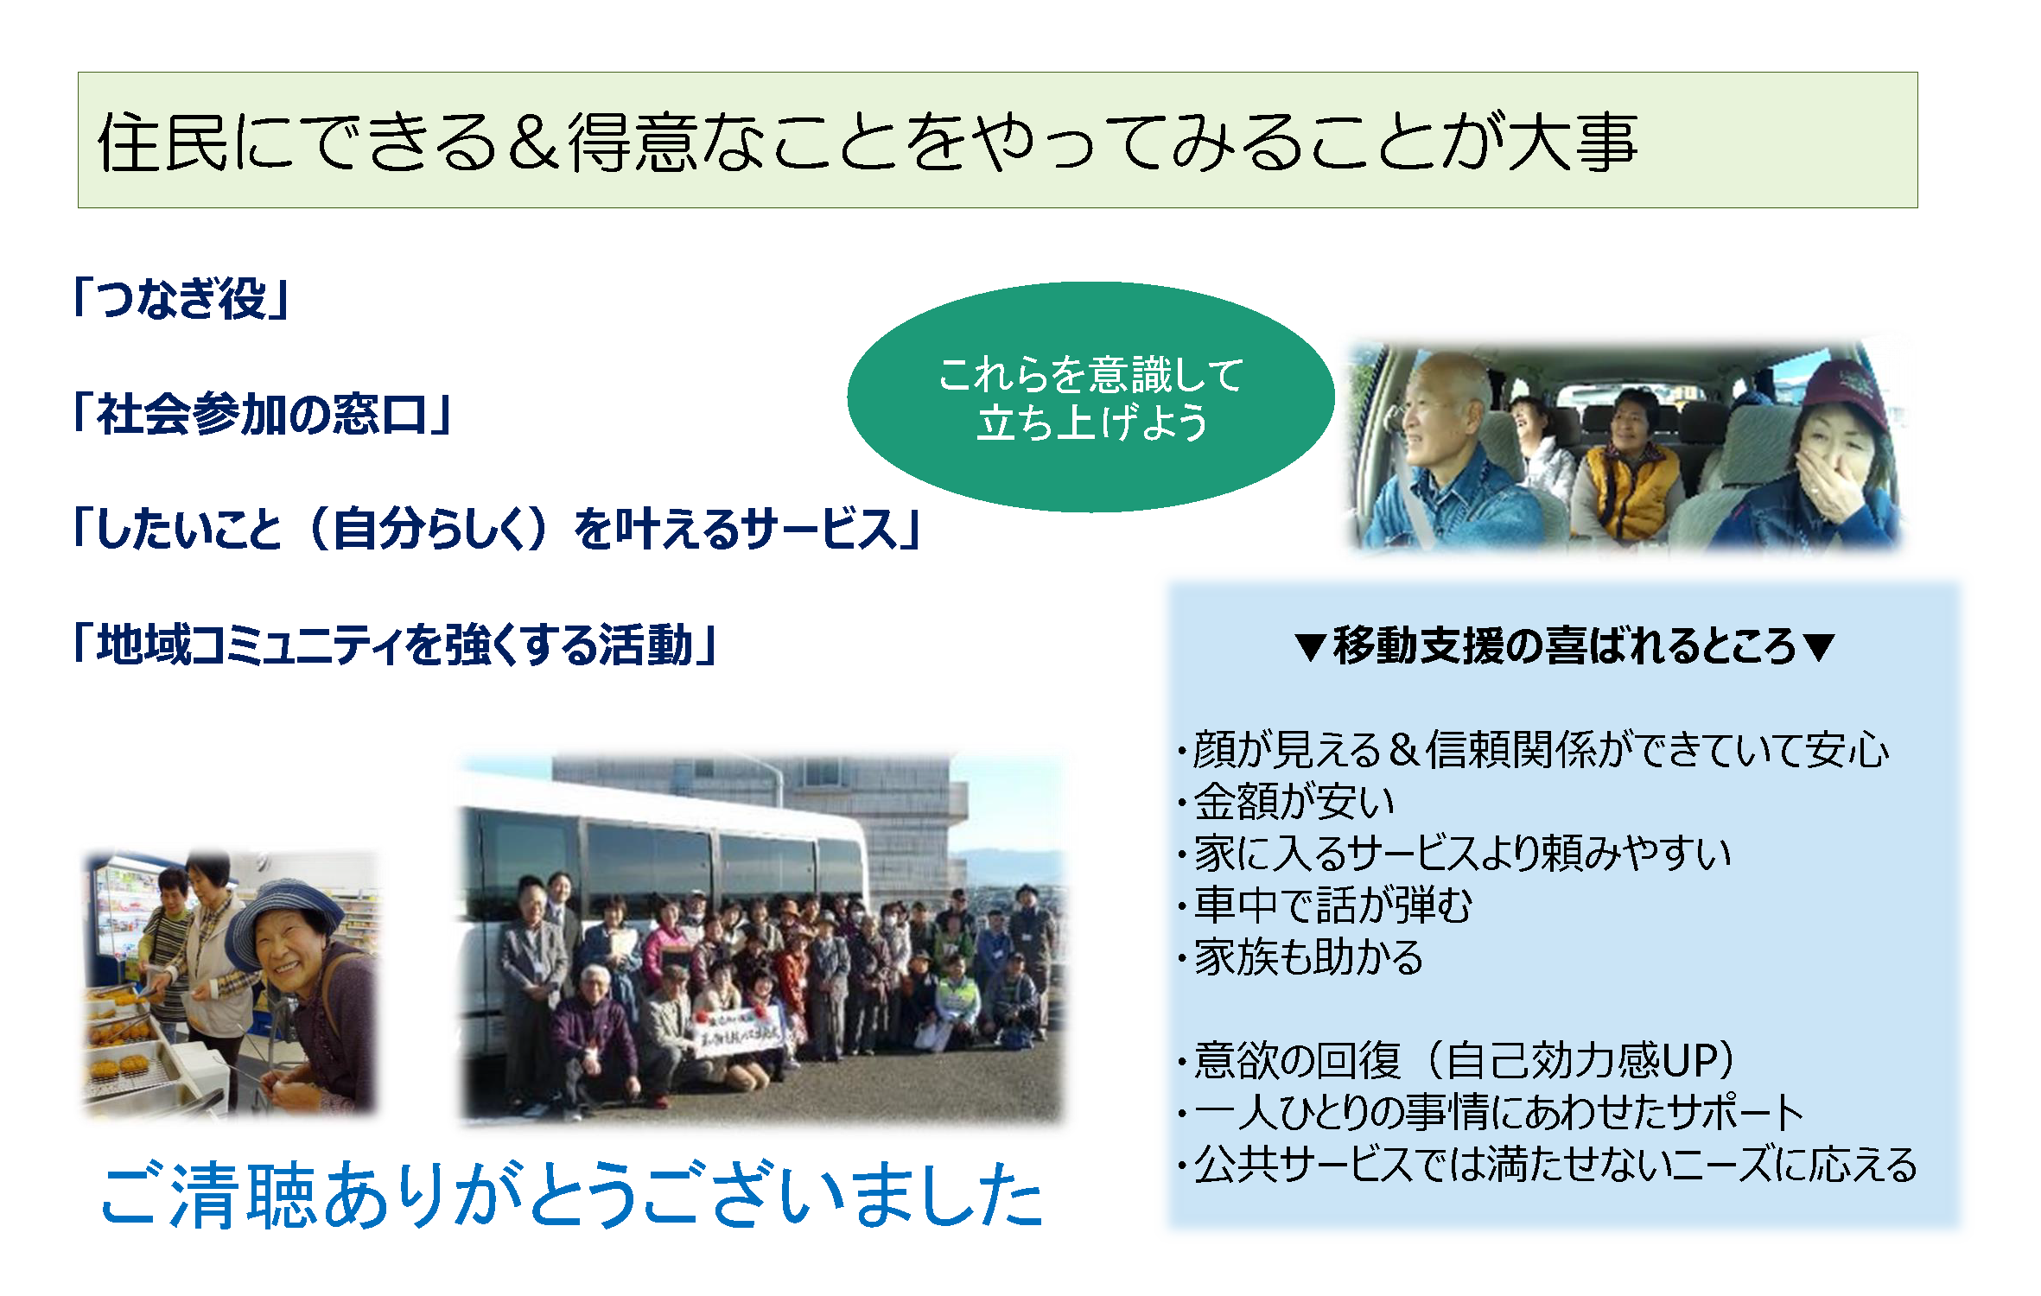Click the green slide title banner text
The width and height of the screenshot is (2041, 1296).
[867, 141]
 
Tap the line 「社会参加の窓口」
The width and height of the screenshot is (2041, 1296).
[263, 413]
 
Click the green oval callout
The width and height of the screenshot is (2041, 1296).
[1090, 397]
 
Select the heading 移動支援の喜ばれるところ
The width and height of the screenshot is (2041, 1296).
[1564, 645]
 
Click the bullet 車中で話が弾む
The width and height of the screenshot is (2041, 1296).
[1326, 905]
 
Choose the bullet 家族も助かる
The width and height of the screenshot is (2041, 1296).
[1300, 956]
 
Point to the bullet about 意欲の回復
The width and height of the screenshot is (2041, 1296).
[1458, 1060]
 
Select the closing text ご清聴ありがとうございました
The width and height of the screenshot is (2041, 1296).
[572, 1194]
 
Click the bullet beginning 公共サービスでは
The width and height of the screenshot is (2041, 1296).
[1548, 1164]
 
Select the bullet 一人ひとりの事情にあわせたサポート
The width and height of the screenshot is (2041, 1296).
[1491, 1112]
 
